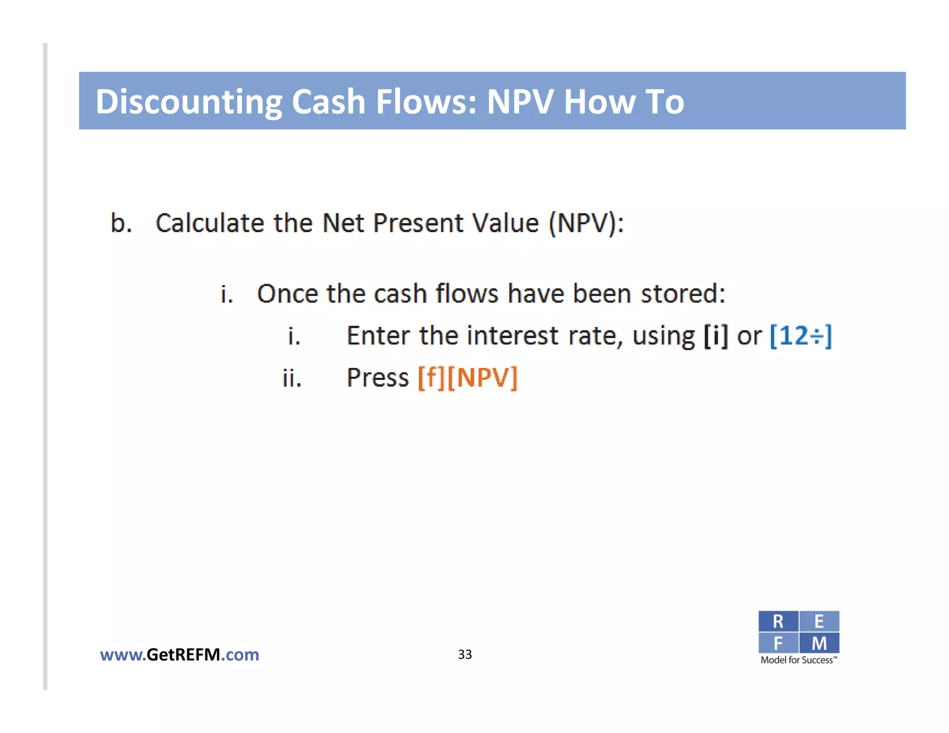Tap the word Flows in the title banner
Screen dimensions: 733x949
click(x=426, y=102)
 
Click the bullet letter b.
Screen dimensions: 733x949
click(x=120, y=223)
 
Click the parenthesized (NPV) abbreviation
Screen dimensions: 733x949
click(x=586, y=223)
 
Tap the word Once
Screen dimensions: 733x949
click(x=287, y=294)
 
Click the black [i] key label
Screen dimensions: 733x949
click(x=716, y=336)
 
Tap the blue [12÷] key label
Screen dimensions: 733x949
click(x=801, y=336)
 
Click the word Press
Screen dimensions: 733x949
click(x=378, y=378)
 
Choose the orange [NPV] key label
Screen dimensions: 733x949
click(x=482, y=378)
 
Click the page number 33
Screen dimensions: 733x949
click(x=465, y=654)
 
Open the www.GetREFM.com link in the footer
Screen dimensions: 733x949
click(x=179, y=655)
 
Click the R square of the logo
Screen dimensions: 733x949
click(x=778, y=621)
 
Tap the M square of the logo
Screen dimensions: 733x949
click(x=819, y=643)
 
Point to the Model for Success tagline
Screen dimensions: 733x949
click(x=798, y=660)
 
